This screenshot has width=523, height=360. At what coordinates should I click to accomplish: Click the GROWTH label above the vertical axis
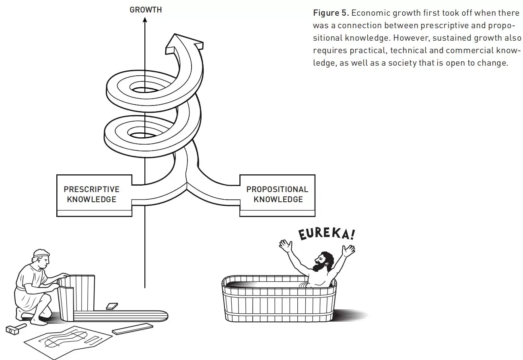pyautogui.click(x=146, y=10)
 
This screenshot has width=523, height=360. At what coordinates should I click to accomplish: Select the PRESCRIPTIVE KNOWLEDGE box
pyautogui.click(x=94, y=195)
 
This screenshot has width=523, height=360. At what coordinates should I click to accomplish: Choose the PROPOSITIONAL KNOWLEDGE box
pyautogui.click(x=277, y=195)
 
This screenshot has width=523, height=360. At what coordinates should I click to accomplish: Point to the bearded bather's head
pyautogui.click(x=323, y=262)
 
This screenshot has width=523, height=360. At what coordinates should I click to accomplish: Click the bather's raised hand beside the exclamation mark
pyautogui.click(x=348, y=250)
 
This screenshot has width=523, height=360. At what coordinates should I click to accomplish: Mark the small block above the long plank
pyautogui.click(x=112, y=306)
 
